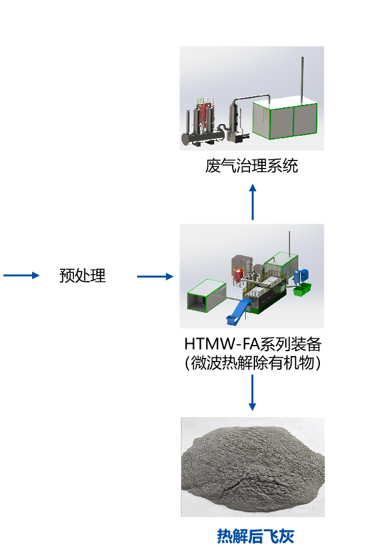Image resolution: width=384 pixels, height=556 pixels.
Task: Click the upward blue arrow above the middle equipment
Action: coord(253,201)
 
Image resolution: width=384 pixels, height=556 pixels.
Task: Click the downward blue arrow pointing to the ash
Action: coord(252,392)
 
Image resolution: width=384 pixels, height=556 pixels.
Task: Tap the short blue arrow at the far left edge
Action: coord(22,275)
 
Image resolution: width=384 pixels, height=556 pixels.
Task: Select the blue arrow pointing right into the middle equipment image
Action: coord(155,276)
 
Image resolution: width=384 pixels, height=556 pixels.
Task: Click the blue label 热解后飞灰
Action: coord(255,536)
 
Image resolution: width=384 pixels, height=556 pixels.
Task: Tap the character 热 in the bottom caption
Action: coord(224,536)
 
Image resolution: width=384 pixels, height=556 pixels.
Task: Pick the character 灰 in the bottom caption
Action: coord(286,536)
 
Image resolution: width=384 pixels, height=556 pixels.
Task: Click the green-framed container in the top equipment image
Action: coord(285,120)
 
